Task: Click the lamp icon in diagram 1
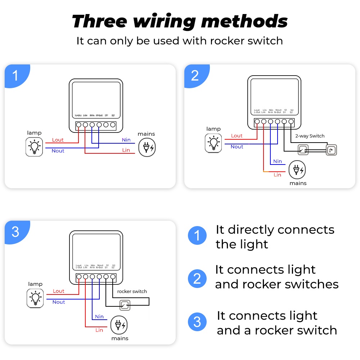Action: point(34,147)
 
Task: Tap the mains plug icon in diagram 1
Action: point(148,147)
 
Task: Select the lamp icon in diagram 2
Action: point(213,143)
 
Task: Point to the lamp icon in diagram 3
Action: point(35,298)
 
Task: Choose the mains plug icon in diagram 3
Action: point(119,325)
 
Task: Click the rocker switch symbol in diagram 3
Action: point(125,305)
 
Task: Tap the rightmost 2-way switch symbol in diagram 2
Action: point(331,150)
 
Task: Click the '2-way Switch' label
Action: point(310,136)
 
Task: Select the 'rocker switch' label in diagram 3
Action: point(132,291)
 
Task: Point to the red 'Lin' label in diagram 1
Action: point(126,150)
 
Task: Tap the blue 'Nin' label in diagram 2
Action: point(278,161)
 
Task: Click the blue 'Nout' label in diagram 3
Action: point(59,302)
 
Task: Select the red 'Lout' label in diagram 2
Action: point(237,136)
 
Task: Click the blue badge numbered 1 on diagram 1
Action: point(15,76)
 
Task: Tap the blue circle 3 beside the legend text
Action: point(197,322)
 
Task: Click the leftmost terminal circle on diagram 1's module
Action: point(78,125)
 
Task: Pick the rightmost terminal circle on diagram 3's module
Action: point(113,277)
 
